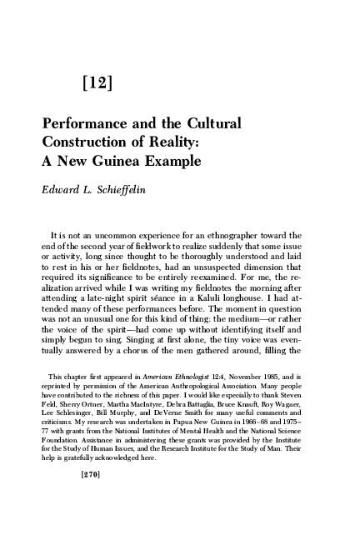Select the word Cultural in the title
[211, 124]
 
